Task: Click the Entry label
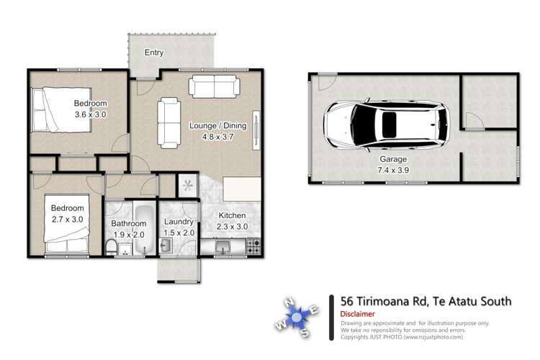[154, 53]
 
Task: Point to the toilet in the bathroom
[111, 248]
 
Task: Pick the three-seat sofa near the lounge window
[214, 86]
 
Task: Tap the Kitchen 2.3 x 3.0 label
[232, 221]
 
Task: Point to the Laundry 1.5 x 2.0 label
[176, 228]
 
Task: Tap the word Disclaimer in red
[357, 314]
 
